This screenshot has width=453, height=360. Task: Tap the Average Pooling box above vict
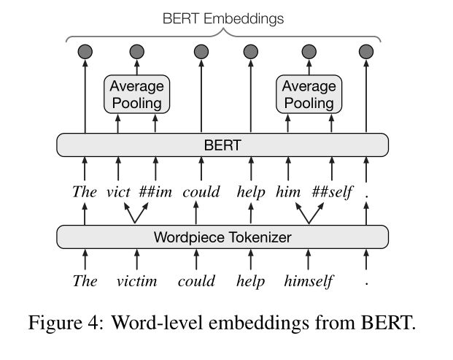pyautogui.click(x=136, y=94)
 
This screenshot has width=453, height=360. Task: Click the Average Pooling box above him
pyautogui.click(x=309, y=94)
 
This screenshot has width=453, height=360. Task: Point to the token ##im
pyautogui.click(x=155, y=193)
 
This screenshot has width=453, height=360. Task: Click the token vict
pyautogui.click(x=117, y=193)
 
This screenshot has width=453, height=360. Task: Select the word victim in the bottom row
pyautogui.click(x=136, y=282)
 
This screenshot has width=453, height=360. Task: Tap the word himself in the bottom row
pyautogui.click(x=309, y=282)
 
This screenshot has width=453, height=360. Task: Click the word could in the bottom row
pyautogui.click(x=196, y=282)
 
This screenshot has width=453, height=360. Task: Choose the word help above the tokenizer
pyautogui.click(x=250, y=193)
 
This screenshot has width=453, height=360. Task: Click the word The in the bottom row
pyautogui.click(x=85, y=282)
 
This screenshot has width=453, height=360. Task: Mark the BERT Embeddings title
pyautogui.click(x=223, y=19)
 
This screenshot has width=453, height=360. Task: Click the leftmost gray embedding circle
pyautogui.click(x=85, y=51)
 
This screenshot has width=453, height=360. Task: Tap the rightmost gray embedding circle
pyautogui.click(x=366, y=51)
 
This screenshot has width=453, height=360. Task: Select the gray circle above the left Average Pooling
pyautogui.click(x=136, y=51)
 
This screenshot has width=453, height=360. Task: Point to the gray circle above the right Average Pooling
pyautogui.click(x=309, y=51)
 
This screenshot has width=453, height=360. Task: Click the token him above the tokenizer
pyautogui.click(x=287, y=193)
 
